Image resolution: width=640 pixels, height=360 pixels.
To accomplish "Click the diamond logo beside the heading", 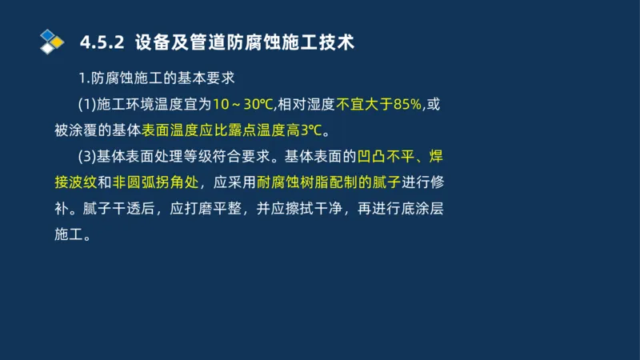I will (x=52, y=41).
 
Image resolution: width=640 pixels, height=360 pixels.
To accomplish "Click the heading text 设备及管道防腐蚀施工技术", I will (x=244, y=42).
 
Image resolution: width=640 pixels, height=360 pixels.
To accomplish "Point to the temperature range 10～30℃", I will (x=243, y=104).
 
